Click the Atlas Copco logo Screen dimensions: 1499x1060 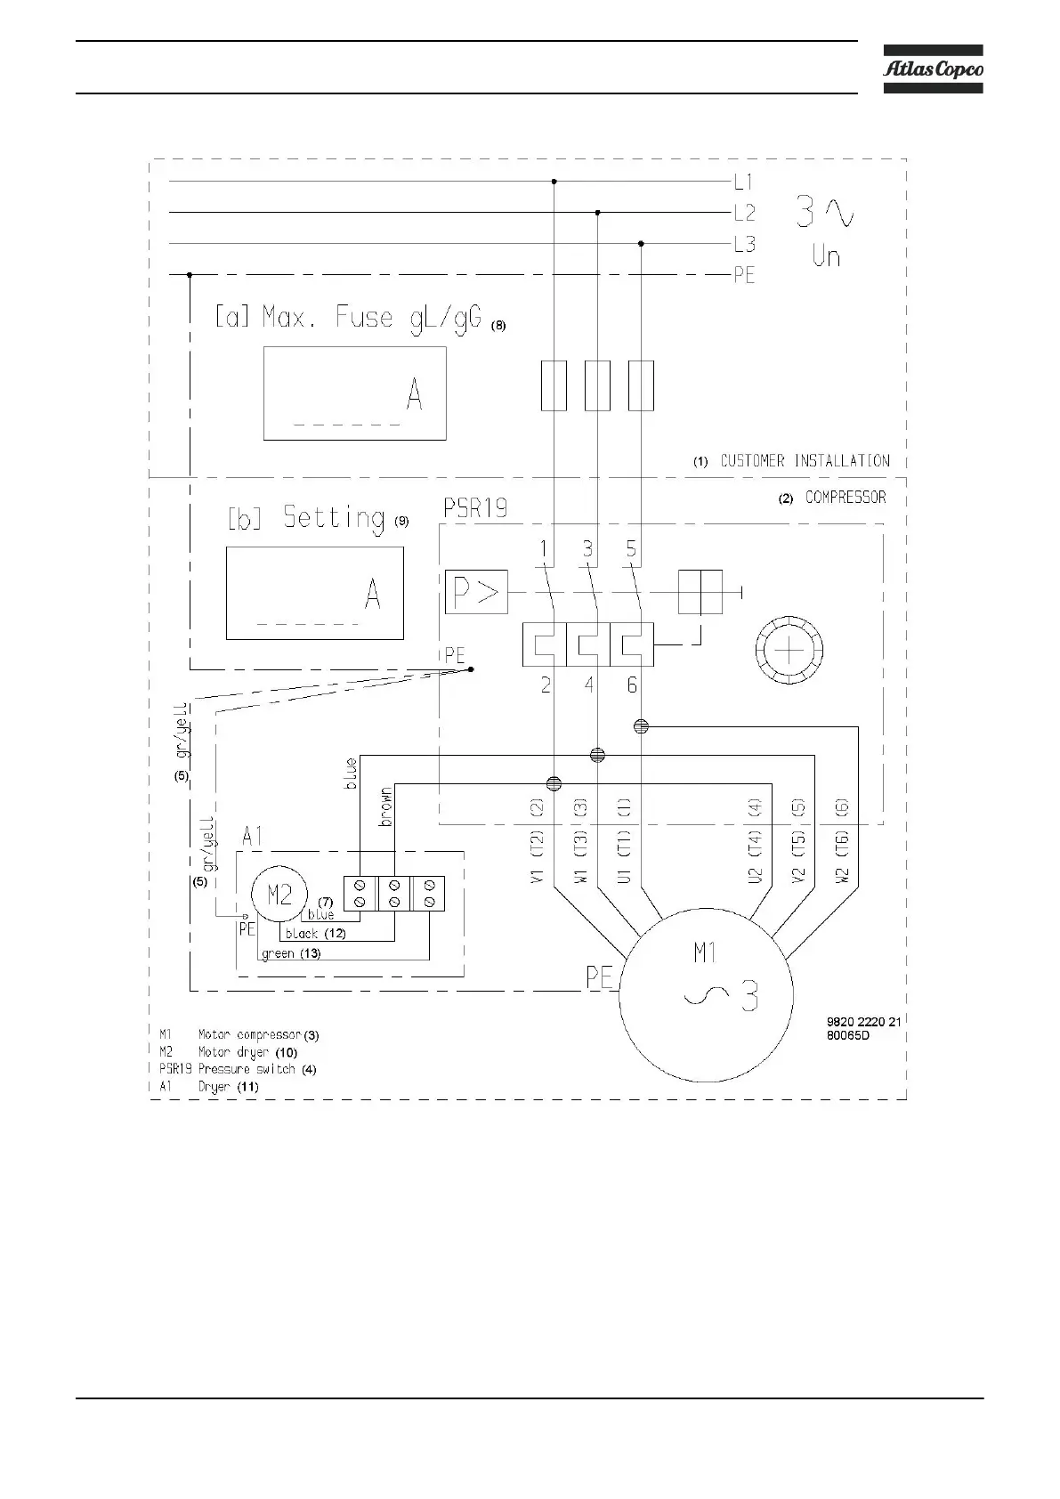(x=933, y=69)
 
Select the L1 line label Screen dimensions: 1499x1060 (x=743, y=182)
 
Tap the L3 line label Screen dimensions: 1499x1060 (x=744, y=244)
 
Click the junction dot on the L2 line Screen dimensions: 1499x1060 (x=597, y=213)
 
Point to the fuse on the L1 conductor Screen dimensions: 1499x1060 (x=554, y=385)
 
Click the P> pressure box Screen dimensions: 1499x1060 (x=476, y=592)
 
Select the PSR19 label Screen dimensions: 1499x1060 (x=475, y=508)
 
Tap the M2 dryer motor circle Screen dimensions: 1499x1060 (x=279, y=896)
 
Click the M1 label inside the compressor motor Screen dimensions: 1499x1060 (x=705, y=954)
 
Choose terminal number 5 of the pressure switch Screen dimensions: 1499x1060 (x=631, y=548)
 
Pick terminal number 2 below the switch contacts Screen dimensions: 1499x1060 (x=546, y=685)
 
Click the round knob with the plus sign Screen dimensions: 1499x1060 (x=789, y=651)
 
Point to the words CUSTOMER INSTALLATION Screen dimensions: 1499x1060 (x=804, y=461)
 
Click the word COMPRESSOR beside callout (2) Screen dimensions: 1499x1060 (x=846, y=498)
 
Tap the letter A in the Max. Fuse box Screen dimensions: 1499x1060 (x=414, y=394)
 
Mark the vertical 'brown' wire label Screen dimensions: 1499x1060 (x=386, y=806)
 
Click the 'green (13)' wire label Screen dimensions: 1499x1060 (x=291, y=953)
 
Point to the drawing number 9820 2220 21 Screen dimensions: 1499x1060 (x=864, y=1022)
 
